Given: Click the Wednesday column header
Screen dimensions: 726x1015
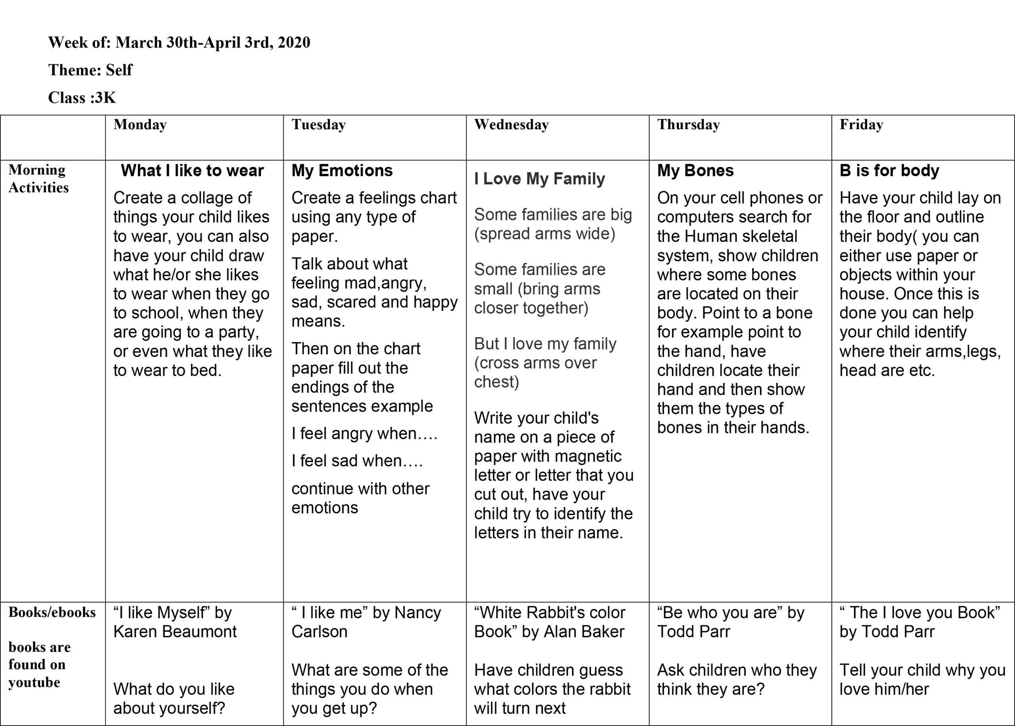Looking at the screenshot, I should tap(511, 125).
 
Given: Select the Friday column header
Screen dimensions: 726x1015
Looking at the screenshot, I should tap(861, 125).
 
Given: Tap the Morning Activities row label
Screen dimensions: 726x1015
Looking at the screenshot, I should tap(38, 178).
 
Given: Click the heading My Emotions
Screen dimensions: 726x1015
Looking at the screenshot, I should tap(342, 170).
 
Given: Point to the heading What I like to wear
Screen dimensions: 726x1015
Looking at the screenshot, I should tap(192, 170).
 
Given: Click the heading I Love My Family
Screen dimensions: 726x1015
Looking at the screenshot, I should tap(540, 178).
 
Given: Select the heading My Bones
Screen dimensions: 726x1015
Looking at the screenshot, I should tap(695, 170).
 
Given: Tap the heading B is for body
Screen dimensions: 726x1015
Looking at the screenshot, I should tap(889, 170).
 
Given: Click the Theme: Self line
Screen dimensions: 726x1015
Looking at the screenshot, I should tap(90, 70).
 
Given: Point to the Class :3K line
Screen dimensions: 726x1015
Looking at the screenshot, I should tap(82, 98).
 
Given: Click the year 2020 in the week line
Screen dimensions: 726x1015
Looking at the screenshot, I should tap(294, 42).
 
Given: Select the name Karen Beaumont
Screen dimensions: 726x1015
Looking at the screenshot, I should tap(175, 631).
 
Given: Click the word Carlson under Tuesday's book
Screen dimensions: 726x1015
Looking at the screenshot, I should tap(319, 631).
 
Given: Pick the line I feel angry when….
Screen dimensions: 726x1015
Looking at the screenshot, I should tap(364, 433).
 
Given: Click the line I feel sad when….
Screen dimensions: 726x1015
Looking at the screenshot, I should tap(357, 460).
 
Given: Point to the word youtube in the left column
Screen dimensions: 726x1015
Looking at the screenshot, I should tap(34, 682).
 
